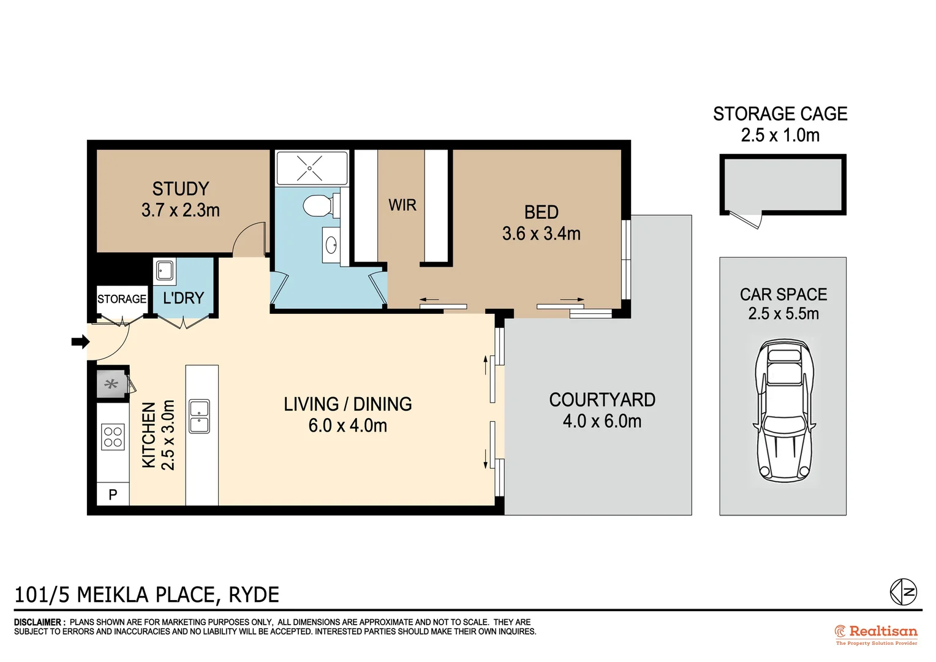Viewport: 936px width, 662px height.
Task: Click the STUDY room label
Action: [x=180, y=189]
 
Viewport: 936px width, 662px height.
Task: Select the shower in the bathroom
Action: [x=311, y=167]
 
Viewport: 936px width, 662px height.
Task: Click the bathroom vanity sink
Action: [x=331, y=245]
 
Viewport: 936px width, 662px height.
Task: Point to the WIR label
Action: [x=402, y=205]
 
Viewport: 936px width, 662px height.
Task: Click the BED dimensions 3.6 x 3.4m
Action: [x=541, y=234]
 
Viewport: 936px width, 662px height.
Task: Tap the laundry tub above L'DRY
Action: [x=164, y=270]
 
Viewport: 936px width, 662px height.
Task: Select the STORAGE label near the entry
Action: [x=122, y=299]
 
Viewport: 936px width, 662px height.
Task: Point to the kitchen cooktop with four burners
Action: [x=113, y=438]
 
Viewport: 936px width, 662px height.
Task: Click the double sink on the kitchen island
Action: [x=199, y=416]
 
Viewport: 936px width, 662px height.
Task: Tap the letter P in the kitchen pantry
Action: [x=113, y=494]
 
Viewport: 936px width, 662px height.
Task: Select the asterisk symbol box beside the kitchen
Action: [x=111, y=385]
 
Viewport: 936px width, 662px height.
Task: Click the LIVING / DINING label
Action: [x=347, y=404]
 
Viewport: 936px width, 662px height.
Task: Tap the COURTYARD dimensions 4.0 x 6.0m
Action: [x=602, y=422]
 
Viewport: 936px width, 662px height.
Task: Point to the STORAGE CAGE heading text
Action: [x=780, y=114]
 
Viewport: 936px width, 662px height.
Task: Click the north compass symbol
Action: [x=903, y=592]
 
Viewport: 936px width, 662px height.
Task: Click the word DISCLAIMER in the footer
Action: [x=39, y=622]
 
